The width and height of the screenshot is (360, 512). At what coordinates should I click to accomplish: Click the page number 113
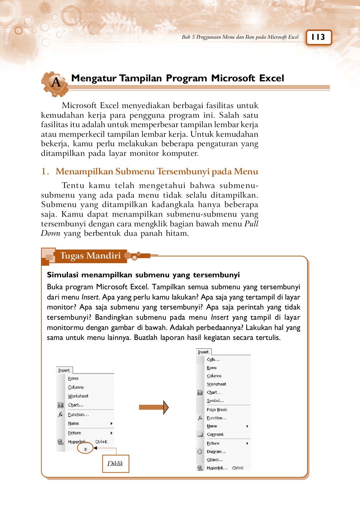[x=318, y=37]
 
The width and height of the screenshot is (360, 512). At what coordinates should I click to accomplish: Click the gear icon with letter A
[x=55, y=83]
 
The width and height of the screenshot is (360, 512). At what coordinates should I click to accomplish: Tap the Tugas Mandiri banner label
[x=90, y=255]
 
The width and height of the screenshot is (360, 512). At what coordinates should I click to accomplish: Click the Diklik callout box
[x=115, y=464]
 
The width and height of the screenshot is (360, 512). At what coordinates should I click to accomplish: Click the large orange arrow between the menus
[x=154, y=407]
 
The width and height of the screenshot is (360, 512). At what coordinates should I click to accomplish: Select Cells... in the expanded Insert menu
[x=213, y=360]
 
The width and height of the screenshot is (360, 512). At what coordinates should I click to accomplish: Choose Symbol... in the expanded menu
[x=215, y=400]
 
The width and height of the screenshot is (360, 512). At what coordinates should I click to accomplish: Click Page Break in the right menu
[x=217, y=410]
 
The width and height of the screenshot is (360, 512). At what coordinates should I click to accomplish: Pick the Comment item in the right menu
[x=215, y=434]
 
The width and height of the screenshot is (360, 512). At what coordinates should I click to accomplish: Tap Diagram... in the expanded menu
[x=216, y=451]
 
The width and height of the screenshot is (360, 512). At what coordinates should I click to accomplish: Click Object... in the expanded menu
[x=215, y=460]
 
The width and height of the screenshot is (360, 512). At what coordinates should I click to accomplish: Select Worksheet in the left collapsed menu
[x=78, y=396]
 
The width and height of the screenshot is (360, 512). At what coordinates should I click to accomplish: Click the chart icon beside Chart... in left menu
[x=60, y=405]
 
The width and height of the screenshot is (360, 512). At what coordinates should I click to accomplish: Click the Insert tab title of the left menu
[x=64, y=370]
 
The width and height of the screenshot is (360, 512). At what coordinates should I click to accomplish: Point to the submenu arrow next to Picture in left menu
[x=111, y=433]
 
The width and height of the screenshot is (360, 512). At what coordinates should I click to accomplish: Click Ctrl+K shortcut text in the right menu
[x=238, y=468]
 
